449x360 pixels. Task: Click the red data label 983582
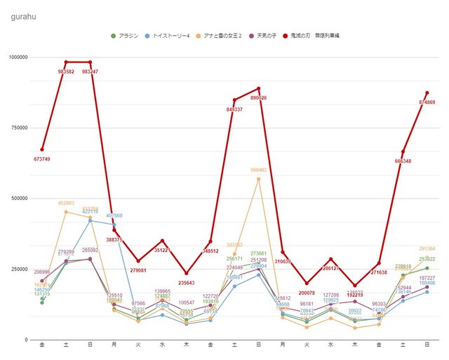tap(66, 72)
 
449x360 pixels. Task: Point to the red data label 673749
tap(42, 159)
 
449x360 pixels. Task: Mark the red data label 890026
tap(258, 98)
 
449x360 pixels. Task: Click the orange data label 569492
tap(258, 170)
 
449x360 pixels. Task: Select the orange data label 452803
tap(66, 203)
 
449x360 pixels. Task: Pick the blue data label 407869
tap(114, 215)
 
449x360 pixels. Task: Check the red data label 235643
tap(186, 283)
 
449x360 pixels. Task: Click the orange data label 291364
tap(427, 248)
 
